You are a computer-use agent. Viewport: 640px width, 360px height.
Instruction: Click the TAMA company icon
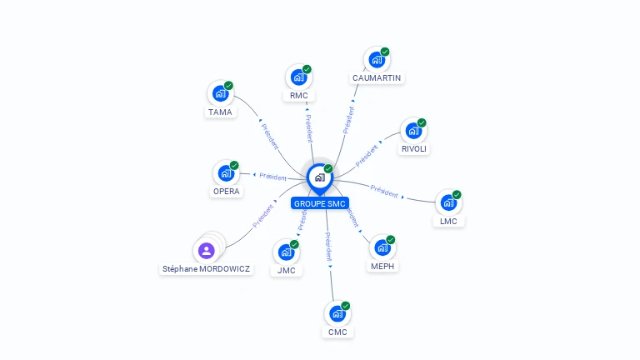(220, 93)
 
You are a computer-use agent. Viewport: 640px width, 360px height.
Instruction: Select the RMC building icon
(298, 77)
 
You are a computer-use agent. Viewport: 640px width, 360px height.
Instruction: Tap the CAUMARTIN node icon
(377, 60)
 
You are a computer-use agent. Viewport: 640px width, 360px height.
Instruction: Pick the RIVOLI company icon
(413, 131)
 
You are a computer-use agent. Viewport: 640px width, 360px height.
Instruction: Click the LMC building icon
(448, 202)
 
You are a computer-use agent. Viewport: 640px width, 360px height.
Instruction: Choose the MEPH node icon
(382, 247)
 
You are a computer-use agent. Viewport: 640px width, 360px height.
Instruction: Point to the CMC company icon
(337, 314)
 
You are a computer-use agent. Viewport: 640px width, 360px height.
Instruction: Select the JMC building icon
(286, 252)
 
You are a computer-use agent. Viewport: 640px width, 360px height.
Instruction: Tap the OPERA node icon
(225, 173)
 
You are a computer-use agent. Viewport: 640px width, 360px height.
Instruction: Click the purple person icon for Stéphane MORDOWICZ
(207, 249)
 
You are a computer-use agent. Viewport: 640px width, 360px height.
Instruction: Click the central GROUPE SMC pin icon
(319, 177)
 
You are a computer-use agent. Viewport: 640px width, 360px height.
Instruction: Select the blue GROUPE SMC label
(320, 203)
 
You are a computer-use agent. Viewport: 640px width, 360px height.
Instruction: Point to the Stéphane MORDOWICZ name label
(206, 269)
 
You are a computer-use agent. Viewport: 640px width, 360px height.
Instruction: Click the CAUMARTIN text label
(377, 78)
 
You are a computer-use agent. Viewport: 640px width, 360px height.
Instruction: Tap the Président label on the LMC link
(384, 191)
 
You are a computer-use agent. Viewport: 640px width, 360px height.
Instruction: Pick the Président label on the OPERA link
(272, 177)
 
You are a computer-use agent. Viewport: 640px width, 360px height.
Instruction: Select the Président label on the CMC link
(329, 248)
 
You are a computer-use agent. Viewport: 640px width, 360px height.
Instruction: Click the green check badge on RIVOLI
(422, 122)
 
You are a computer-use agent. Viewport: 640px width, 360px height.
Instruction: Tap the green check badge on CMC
(345, 306)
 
